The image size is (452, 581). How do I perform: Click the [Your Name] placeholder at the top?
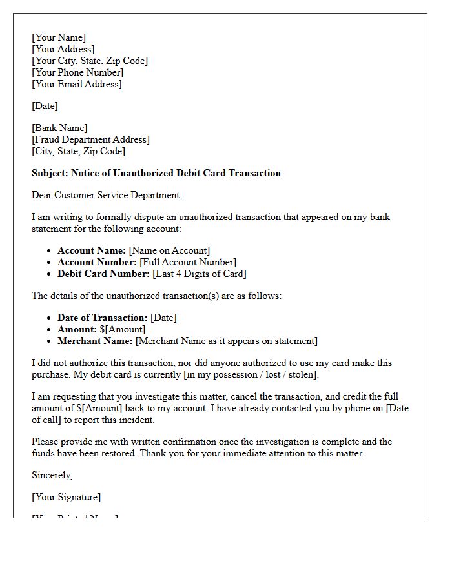(59, 37)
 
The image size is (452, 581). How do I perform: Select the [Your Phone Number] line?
(77, 72)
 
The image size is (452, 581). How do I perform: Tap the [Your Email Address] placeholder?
(77, 84)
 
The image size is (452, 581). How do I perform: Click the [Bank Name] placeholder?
(59, 128)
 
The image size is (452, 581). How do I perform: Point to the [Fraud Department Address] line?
(90, 139)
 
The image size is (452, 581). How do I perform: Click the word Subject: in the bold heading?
(50, 173)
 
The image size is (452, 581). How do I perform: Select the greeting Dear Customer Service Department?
(107, 195)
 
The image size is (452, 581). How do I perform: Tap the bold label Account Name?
(92, 250)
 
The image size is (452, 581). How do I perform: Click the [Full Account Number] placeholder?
(188, 262)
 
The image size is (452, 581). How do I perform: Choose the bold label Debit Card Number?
(103, 274)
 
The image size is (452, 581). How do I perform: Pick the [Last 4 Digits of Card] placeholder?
(199, 274)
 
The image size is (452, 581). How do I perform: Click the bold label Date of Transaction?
(103, 318)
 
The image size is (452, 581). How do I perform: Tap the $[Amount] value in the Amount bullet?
(127, 329)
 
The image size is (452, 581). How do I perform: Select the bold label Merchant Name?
(95, 341)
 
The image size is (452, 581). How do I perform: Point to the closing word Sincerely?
(52, 475)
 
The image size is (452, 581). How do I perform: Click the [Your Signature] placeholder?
(66, 497)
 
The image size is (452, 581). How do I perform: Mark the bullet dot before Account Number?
(50, 263)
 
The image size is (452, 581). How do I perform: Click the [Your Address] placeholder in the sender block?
(63, 49)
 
